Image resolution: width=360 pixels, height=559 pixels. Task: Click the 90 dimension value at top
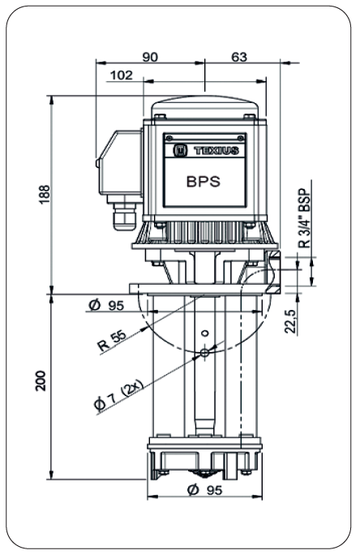pyautogui.click(x=150, y=57)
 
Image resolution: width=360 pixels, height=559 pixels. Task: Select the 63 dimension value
pyautogui.click(x=239, y=57)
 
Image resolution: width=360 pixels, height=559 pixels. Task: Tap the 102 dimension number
pyautogui.click(x=122, y=75)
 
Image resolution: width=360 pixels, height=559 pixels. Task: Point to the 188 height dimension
pyautogui.click(x=45, y=194)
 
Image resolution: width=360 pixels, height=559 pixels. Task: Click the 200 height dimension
pyautogui.click(x=41, y=381)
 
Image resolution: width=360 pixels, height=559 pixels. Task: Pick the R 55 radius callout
pyautogui.click(x=112, y=341)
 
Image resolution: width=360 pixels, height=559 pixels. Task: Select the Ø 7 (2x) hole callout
pyautogui.click(x=118, y=396)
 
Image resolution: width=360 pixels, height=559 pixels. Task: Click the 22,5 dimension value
pyautogui.click(x=291, y=320)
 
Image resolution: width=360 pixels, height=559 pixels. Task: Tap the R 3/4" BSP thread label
pyautogui.click(x=304, y=217)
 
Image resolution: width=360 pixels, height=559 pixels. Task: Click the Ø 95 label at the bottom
pyautogui.click(x=204, y=491)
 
